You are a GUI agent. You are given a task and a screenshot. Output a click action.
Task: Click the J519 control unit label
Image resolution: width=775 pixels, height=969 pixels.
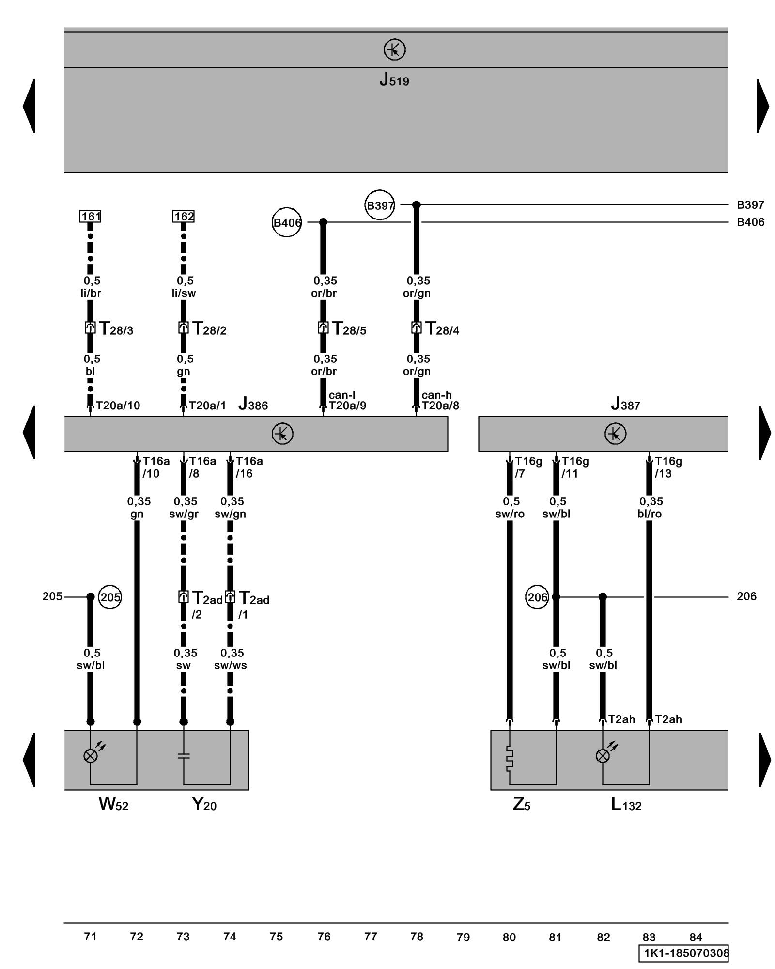tap(394, 79)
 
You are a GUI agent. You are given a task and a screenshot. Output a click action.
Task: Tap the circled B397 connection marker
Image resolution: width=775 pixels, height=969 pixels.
tap(379, 205)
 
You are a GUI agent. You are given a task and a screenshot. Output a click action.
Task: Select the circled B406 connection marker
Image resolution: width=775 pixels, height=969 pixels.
tap(287, 222)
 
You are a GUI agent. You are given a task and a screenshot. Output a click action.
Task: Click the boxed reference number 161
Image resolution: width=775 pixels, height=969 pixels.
tap(91, 216)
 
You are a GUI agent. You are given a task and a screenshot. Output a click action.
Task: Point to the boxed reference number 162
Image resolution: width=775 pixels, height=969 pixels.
tap(184, 216)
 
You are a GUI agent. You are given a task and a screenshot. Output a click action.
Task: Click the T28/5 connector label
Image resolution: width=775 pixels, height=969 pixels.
tap(349, 329)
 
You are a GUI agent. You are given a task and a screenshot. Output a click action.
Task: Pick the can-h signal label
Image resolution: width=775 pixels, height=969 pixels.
tap(436, 395)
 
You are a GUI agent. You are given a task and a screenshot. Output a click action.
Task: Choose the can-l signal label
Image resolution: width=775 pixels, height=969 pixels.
tap(342, 395)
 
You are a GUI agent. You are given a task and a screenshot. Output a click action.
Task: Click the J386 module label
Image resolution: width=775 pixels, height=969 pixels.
tap(253, 404)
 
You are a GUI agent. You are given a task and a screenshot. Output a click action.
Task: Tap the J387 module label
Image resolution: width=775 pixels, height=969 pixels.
tap(625, 404)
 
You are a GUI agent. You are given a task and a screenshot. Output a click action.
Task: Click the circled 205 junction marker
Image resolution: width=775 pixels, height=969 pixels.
tap(110, 597)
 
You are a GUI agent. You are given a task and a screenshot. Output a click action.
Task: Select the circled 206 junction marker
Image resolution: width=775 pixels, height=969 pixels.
tap(537, 597)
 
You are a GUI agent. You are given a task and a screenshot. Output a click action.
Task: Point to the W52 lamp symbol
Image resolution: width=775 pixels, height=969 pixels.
tap(91, 756)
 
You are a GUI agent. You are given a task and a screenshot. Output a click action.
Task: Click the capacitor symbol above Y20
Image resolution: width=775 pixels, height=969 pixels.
tap(184, 755)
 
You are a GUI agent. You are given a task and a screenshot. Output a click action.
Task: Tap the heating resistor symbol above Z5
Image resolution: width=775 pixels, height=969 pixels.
tap(509, 758)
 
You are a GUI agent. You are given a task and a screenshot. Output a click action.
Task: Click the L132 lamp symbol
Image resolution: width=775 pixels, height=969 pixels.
tap(603, 756)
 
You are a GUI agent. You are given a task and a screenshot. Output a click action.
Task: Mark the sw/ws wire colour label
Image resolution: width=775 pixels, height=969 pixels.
tap(231, 665)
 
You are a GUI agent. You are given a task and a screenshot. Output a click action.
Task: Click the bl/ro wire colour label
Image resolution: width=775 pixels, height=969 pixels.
tap(650, 514)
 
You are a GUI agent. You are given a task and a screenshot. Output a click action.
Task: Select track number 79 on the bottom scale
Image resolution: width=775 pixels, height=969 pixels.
tap(463, 937)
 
